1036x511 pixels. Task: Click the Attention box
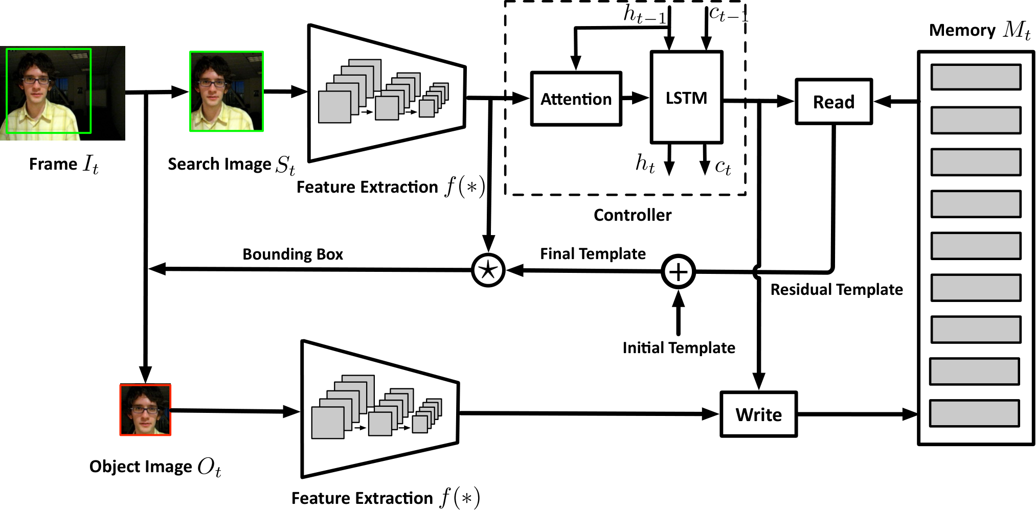point(576,99)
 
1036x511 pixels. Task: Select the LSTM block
point(686,97)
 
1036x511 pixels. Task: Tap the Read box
point(834,102)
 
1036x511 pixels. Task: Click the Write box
point(759,414)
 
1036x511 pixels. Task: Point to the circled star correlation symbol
point(488,270)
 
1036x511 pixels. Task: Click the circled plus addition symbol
point(678,272)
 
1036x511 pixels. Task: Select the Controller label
point(633,215)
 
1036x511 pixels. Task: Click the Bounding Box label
point(292,254)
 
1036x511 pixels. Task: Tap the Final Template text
point(593,253)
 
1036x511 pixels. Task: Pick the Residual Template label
point(837,289)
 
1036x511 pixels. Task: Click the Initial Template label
point(679,347)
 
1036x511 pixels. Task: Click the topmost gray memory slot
point(976,77)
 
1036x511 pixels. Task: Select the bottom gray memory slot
point(974,413)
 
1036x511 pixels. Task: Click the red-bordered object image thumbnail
point(145,410)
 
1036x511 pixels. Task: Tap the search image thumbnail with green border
point(227,91)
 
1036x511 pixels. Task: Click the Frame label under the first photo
point(63,164)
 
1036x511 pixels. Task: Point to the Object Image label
point(155,467)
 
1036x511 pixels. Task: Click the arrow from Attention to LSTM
point(636,98)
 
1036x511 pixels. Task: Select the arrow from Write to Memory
point(858,414)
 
